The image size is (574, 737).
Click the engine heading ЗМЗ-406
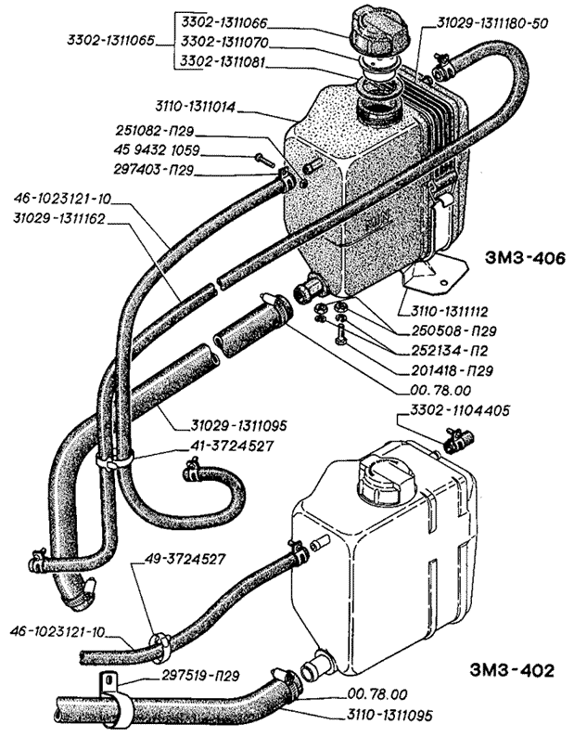tap(524, 257)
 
